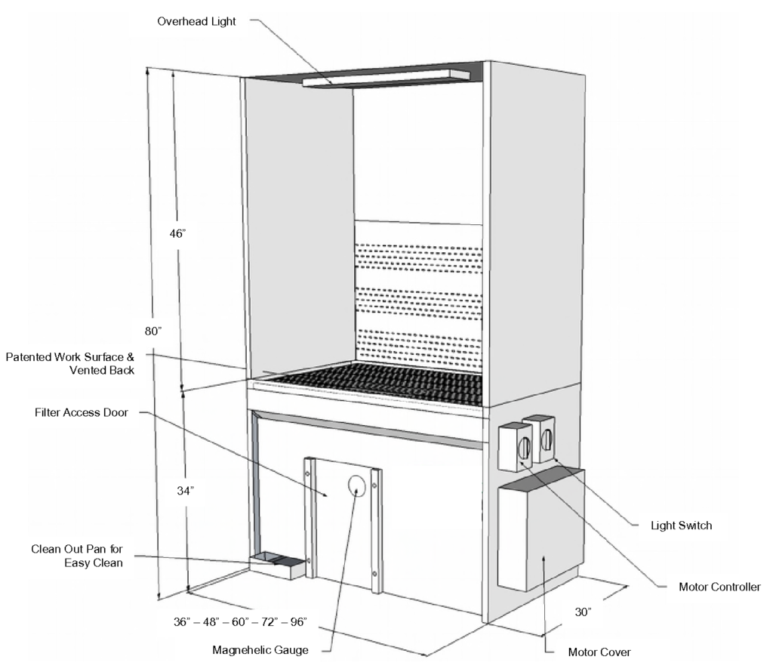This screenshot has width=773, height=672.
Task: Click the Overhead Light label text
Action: [x=196, y=21]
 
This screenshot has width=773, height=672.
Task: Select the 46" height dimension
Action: [x=177, y=233]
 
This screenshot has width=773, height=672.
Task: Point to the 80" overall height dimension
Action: [x=154, y=331]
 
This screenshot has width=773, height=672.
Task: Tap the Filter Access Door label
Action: [x=82, y=413]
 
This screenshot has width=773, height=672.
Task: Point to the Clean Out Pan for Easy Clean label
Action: [x=76, y=555]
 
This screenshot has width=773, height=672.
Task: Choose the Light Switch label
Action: [x=682, y=526]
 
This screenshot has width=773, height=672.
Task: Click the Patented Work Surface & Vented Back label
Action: [x=70, y=362]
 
